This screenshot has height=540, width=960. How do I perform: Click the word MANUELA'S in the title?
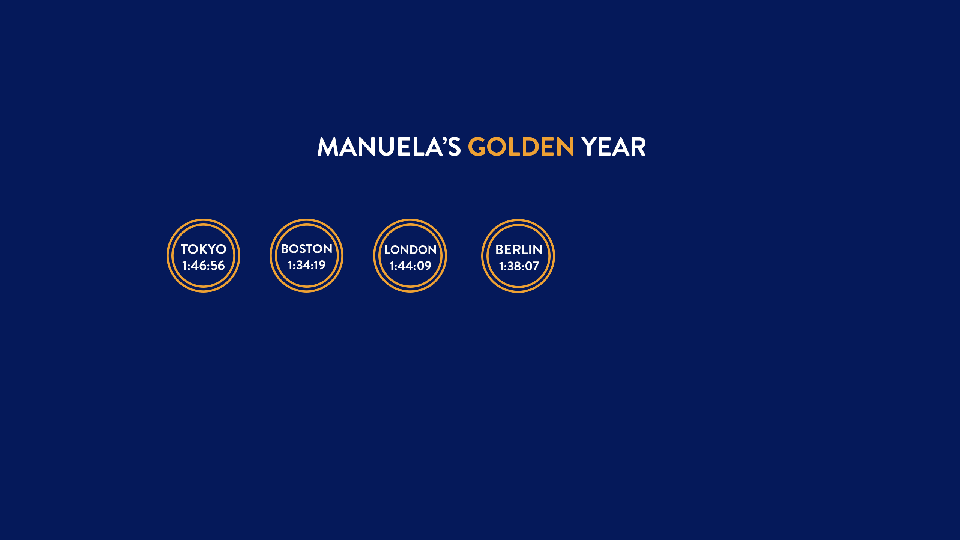[389, 146]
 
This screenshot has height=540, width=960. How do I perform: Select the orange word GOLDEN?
[521, 146]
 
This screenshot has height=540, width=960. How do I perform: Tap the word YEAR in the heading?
[613, 147]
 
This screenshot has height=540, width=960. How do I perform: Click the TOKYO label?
[204, 249]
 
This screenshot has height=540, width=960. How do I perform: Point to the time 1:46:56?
[203, 265]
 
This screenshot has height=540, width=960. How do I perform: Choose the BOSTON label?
[307, 249]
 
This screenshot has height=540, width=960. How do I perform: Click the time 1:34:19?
[307, 265]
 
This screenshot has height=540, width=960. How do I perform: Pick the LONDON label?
[410, 250]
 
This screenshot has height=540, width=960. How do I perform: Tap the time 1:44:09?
[410, 266]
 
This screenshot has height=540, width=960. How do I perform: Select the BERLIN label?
[519, 250]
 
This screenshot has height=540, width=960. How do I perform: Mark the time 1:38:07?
[519, 266]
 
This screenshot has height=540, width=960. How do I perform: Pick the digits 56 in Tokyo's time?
[217, 265]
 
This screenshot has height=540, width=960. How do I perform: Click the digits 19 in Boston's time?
[319, 265]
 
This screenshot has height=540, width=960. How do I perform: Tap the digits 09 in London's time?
[424, 266]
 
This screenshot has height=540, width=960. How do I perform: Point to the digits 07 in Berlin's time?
[532, 266]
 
